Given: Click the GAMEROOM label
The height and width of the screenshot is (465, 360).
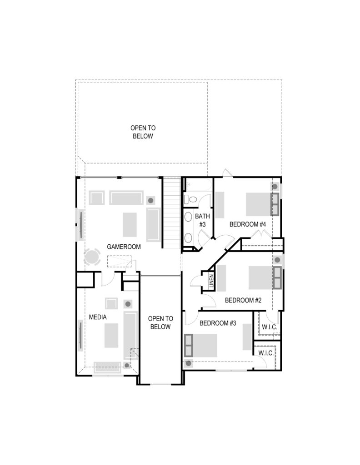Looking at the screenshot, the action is click(x=124, y=247).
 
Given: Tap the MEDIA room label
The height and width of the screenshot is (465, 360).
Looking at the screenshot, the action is click(x=98, y=317).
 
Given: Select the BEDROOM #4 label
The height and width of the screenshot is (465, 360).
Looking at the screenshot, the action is click(x=248, y=224).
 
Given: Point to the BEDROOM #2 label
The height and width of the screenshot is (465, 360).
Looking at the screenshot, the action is click(x=243, y=300).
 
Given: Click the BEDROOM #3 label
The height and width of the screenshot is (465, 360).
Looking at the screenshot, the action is click(x=218, y=323).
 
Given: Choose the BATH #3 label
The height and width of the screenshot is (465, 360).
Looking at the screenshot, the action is click(x=202, y=220).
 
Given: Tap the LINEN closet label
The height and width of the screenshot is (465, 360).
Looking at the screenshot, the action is click(x=211, y=281).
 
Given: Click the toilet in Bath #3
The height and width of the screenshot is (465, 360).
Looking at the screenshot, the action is click(x=190, y=199).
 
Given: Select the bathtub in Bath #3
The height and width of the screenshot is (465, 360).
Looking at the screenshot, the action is click(x=198, y=185).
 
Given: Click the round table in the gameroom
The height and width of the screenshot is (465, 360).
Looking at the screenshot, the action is click(x=92, y=257).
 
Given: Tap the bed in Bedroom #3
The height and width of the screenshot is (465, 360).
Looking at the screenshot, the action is click(x=200, y=346).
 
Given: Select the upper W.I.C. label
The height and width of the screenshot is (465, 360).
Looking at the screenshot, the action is click(x=270, y=327).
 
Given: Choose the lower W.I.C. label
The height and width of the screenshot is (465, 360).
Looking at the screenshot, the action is click(x=266, y=353).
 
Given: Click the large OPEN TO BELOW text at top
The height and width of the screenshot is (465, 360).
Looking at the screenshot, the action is click(x=143, y=132).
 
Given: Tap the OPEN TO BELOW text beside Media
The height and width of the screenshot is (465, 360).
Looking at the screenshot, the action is click(x=160, y=323).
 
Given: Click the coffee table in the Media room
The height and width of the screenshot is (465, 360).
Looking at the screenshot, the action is click(x=111, y=336).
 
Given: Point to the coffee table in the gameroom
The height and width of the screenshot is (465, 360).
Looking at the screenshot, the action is click(x=130, y=225).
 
